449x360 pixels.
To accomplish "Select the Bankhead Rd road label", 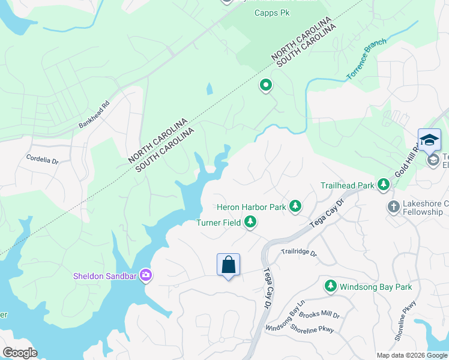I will point(94,113).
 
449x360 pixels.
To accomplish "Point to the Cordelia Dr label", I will point(42,160).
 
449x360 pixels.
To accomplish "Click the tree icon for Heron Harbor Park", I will point(295,207).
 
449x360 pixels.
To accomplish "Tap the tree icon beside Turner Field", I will point(250,223).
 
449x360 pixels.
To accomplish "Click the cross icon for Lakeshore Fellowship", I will point(394,207).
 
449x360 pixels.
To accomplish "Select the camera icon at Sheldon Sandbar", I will point(145,276).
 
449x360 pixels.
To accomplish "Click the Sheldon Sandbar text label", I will point(105,277).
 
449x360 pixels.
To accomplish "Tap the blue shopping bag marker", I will point(228,265).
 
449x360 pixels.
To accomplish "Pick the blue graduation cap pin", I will point(429,140).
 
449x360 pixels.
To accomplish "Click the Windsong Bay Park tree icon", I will point(330,287).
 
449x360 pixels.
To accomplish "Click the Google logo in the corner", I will point(20,353).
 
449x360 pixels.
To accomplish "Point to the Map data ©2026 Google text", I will point(411,355).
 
